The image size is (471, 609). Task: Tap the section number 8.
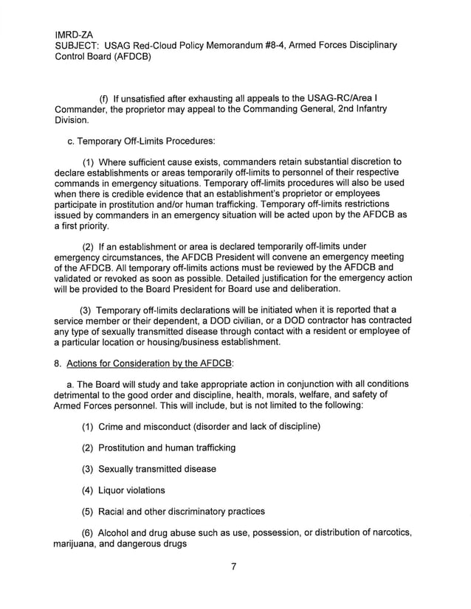57,363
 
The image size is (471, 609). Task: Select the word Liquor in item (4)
112,490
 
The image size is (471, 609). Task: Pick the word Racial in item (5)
113,511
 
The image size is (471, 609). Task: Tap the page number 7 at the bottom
232,566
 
